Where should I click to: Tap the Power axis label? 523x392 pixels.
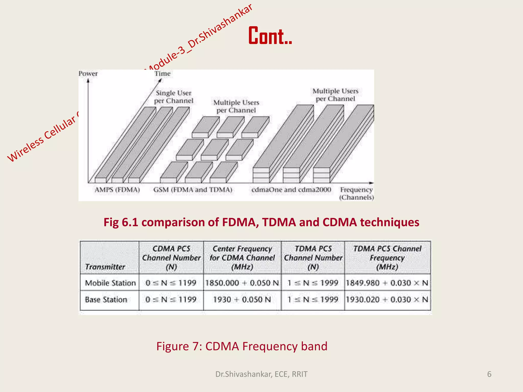[x=88, y=73]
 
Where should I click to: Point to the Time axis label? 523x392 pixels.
[x=162, y=73]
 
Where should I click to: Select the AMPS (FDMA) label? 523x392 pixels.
[x=117, y=190]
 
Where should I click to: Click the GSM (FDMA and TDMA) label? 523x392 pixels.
[x=193, y=190]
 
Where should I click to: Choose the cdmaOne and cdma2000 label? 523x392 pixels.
[x=291, y=190]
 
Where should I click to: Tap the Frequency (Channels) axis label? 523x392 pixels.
[x=356, y=193]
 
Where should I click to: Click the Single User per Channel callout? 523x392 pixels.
[x=174, y=97]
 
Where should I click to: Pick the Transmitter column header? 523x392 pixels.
[x=105, y=267]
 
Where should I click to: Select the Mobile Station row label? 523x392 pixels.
[x=110, y=283]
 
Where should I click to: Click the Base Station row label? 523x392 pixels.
[x=106, y=299]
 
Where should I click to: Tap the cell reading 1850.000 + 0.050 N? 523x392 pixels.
[x=242, y=283]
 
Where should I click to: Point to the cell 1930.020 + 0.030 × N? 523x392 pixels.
[x=387, y=299]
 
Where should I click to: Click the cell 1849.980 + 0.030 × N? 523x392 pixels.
[x=387, y=283]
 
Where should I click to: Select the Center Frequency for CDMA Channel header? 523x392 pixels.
[x=242, y=258]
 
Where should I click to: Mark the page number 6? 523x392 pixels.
[x=489, y=374]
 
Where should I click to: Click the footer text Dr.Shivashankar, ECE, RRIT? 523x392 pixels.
[x=261, y=374]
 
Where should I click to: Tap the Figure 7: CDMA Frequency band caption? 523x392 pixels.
[x=242, y=346]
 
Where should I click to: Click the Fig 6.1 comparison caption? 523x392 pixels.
[x=261, y=222]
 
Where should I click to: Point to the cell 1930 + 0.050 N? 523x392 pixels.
[x=242, y=299]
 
